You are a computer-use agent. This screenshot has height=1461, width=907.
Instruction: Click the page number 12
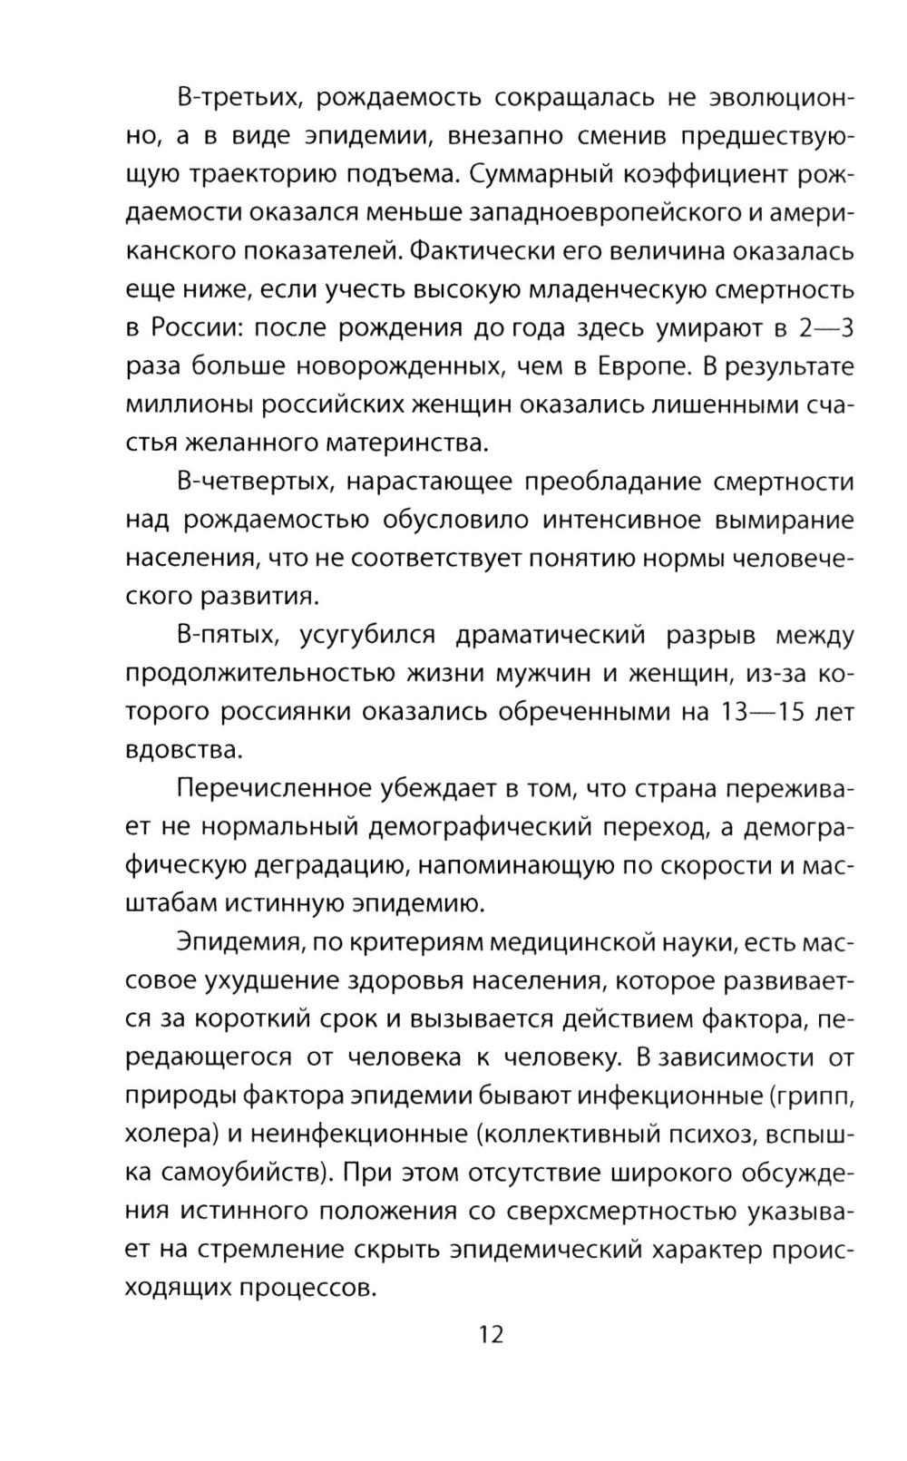(490, 1334)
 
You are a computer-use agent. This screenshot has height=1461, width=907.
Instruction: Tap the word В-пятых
(226, 636)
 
